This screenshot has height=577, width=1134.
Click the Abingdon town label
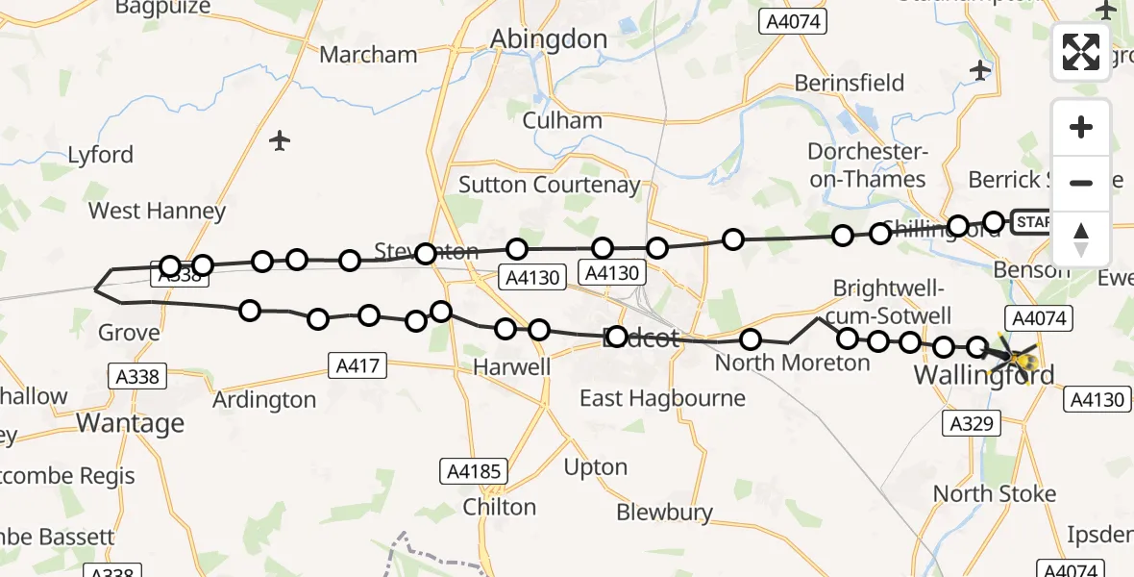pos(549,39)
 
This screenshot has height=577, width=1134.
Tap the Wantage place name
pos(130,422)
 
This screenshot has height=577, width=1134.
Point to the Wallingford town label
pos(984,375)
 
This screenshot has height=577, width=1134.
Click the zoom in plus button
pos(1081,128)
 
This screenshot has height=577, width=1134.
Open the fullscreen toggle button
pos(1081,52)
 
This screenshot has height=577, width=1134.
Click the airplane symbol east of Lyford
pos(280,141)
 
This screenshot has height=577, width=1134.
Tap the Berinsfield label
pos(850,83)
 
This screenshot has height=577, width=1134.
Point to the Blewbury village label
pos(664,513)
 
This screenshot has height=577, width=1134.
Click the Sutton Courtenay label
pos(549,185)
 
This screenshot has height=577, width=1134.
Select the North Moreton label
pos(792,363)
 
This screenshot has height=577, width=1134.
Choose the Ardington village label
pos(264,399)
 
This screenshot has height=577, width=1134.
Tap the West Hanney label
pos(157,211)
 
